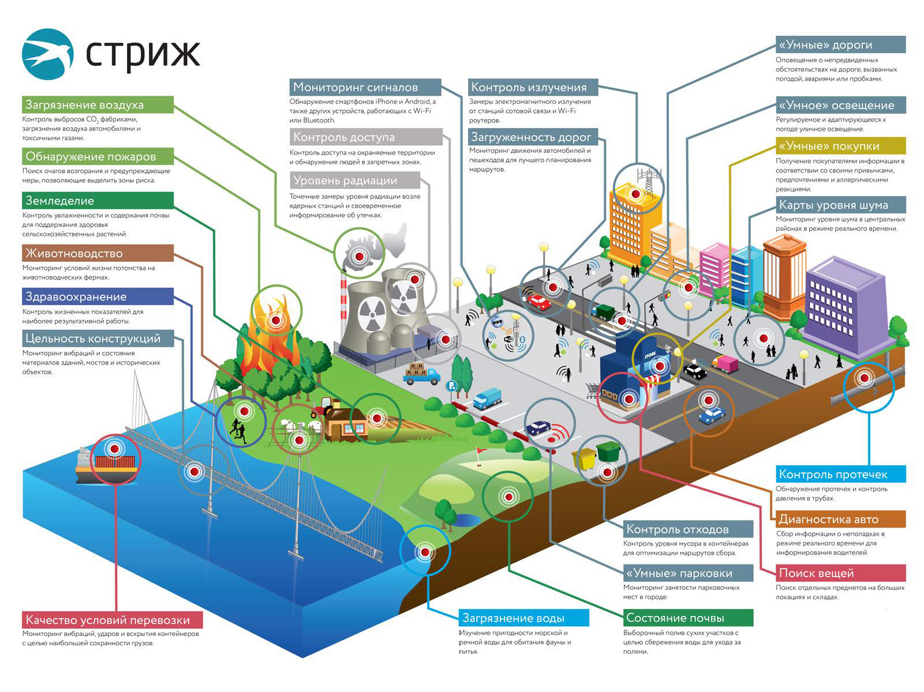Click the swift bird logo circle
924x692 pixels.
pos(48,54)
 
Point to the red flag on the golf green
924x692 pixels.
pos(478,452)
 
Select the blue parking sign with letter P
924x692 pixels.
pos(452,386)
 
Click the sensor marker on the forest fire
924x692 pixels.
pos(276,319)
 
